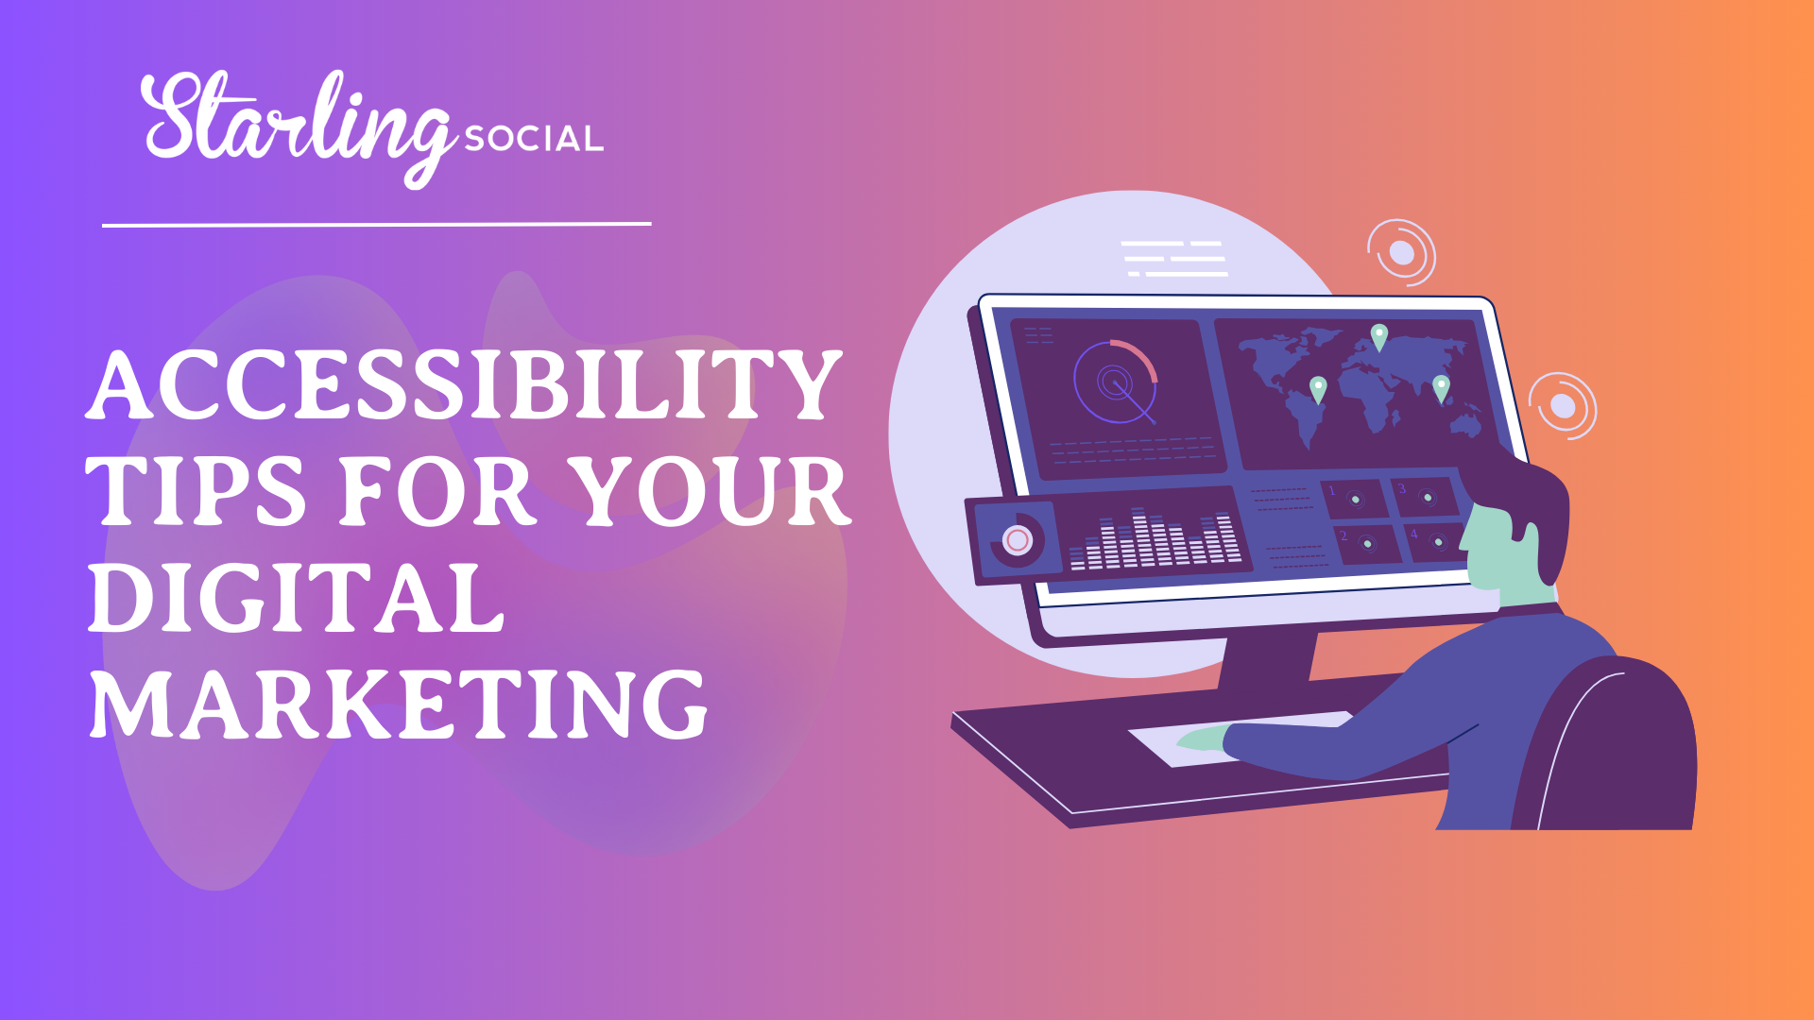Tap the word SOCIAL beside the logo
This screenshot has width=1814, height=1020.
pyautogui.click(x=534, y=140)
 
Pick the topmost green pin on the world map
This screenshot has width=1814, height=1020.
pyautogui.click(x=1379, y=336)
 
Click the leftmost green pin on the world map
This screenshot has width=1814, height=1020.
pyautogui.click(x=1318, y=388)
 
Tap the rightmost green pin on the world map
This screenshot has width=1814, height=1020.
pyautogui.click(x=1441, y=387)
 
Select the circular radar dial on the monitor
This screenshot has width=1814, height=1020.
pyautogui.click(x=1116, y=382)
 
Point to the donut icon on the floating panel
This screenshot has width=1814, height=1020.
pyautogui.click(x=1017, y=540)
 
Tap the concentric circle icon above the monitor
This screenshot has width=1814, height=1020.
pyautogui.click(x=1401, y=252)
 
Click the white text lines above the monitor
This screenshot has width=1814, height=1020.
pyautogui.click(x=1174, y=258)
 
